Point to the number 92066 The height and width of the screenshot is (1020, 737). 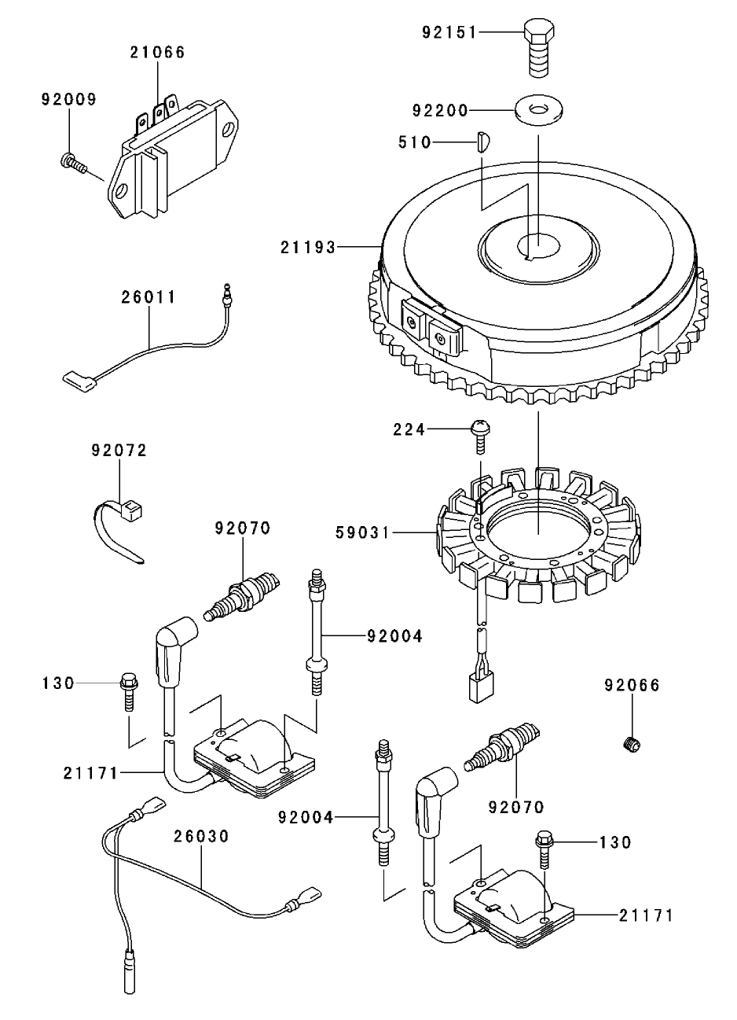pos(632,685)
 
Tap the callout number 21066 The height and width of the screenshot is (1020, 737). pos(157,53)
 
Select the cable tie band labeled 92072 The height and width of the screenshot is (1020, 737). pos(118,527)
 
